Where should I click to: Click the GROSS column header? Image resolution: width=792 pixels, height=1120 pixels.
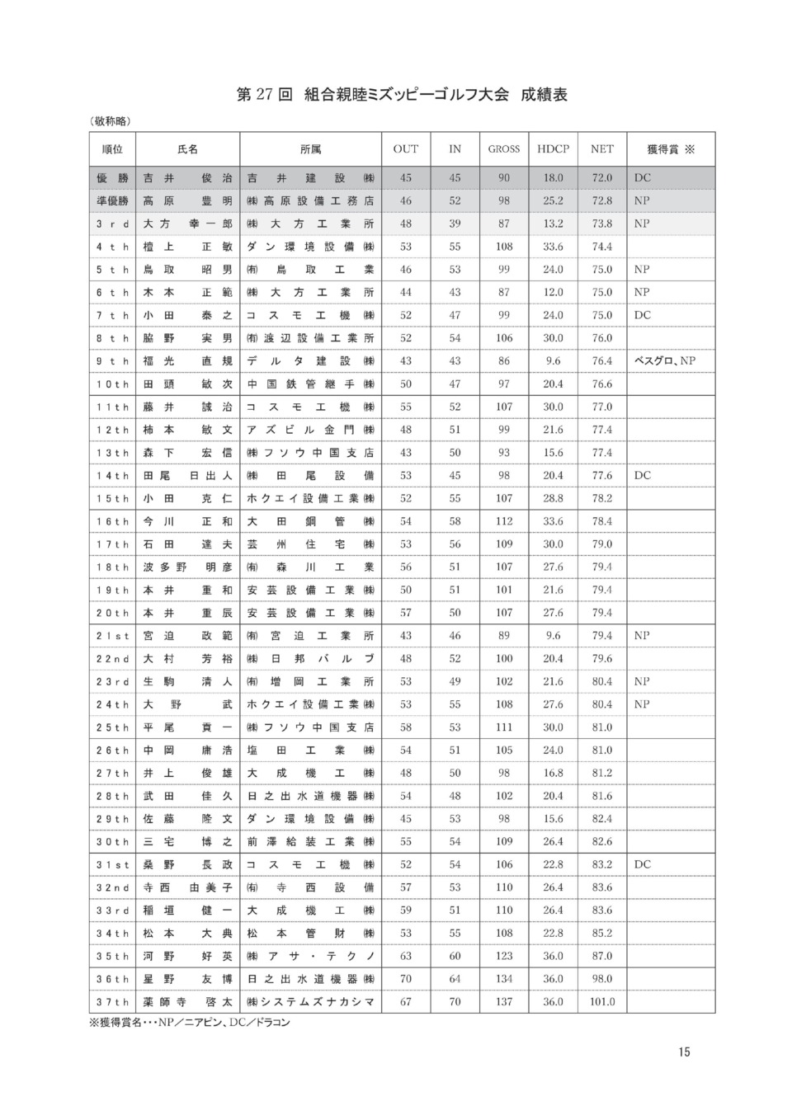click(x=504, y=149)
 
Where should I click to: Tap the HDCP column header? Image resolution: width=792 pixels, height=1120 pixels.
click(x=553, y=149)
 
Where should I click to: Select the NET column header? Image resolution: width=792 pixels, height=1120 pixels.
click(x=602, y=149)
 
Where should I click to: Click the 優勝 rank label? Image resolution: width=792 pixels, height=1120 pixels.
click(x=112, y=177)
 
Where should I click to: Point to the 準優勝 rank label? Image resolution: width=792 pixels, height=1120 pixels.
click(x=112, y=200)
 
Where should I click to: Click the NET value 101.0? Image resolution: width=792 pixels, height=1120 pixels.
click(x=602, y=1002)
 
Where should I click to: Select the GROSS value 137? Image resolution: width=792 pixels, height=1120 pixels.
click(x=504, y=1002)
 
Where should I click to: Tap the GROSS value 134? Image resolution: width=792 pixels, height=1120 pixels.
click(x=504, y=979)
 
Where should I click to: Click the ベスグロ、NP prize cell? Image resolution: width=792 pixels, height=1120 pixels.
click(x=665, y=360)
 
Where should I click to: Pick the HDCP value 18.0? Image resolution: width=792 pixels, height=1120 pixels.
click(x=553, y=177)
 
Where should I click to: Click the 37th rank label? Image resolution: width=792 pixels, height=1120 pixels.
click(x=112, y=1002)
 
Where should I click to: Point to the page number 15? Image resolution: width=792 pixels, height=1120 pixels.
click(x=685, y=1052)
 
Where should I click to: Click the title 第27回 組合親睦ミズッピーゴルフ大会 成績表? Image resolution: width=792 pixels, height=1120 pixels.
click(x=402, y=95)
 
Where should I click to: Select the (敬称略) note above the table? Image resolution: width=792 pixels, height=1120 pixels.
click(x=111, y=121)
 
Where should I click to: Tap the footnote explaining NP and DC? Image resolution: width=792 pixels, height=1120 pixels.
click(x=190, y=1023)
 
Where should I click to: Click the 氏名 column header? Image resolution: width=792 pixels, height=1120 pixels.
click(x=188, y=149)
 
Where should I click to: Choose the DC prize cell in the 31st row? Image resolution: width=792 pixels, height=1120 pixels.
click(x=643, y=864)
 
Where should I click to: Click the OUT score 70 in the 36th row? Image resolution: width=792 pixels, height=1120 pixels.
click(x=406, y=979)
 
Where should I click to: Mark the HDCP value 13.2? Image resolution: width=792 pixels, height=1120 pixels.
click(x=553, y=224)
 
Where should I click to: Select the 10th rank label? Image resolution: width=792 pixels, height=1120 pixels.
click(x=112, y=384)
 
